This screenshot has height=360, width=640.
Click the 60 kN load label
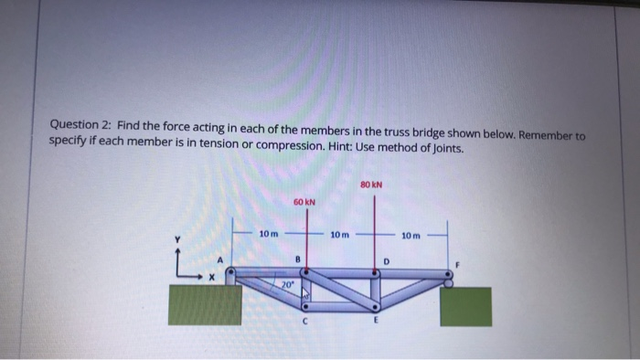[x=304, y=201]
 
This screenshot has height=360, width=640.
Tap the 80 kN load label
[x=371, y=184]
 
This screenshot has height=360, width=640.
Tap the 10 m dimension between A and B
[x=269, y=235]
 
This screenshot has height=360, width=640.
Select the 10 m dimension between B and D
[x=338, y=235]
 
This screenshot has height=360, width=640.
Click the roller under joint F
[x=448, y=282]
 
